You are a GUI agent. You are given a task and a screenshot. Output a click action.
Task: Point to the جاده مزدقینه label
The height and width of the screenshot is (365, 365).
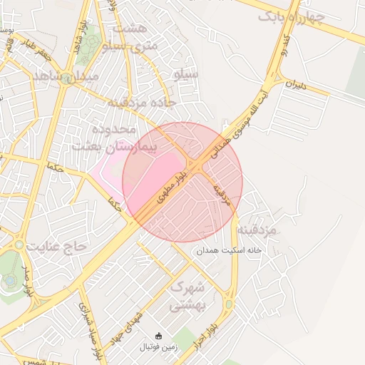tap(141, 103)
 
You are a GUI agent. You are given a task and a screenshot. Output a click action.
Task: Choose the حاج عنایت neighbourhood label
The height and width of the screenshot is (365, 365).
tap(56, 246)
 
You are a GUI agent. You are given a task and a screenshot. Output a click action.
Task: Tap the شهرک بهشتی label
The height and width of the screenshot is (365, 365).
tap(188, 297)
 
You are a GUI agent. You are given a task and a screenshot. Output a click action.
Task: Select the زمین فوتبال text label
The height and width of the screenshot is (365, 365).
tap(158, 347)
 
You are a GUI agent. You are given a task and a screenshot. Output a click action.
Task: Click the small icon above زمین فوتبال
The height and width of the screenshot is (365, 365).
tap(158, 336)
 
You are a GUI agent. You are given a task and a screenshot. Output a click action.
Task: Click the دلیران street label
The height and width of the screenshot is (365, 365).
tap(294, 83)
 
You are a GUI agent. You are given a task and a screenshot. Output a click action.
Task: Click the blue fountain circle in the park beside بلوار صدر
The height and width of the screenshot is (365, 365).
tap(9, 279)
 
